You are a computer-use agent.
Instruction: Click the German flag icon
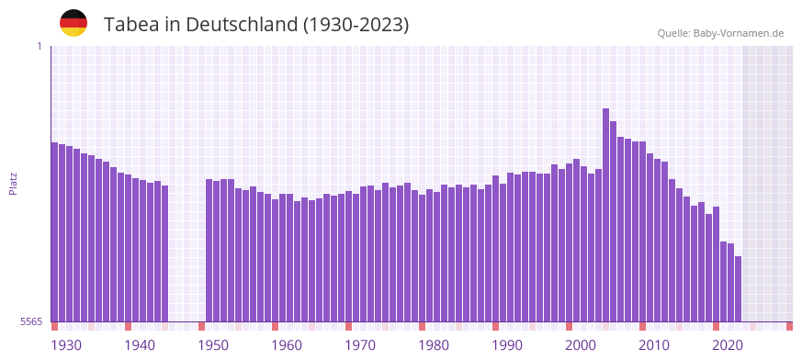(x=73, y=23)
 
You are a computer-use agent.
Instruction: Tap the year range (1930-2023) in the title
(x=356, y=24)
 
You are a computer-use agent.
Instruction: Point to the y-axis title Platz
(x=13, y=183)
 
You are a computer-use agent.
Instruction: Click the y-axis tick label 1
(x=39, y=46)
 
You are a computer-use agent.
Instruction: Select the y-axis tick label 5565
(x=31, y=321)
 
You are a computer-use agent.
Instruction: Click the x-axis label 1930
(x=66, y=345)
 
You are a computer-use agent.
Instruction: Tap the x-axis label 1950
(x=213, y=345)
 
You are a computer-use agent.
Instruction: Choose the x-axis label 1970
(x=360, y=345)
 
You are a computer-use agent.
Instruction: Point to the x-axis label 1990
(x=507, y=345)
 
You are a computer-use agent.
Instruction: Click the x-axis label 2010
(x=654, y=345)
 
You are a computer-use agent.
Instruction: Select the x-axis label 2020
(x=728, y=345)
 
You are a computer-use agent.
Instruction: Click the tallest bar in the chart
(x=605, y=215)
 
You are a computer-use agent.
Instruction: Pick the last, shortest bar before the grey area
(x=738, y=288)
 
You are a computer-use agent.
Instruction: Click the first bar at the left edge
(x=54, y=231)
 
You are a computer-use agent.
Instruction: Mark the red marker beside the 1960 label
(x=275, y=326)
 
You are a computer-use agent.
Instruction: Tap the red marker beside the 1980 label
(x=422, y=326)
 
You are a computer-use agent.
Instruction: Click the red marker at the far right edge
(x=789, y=326)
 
